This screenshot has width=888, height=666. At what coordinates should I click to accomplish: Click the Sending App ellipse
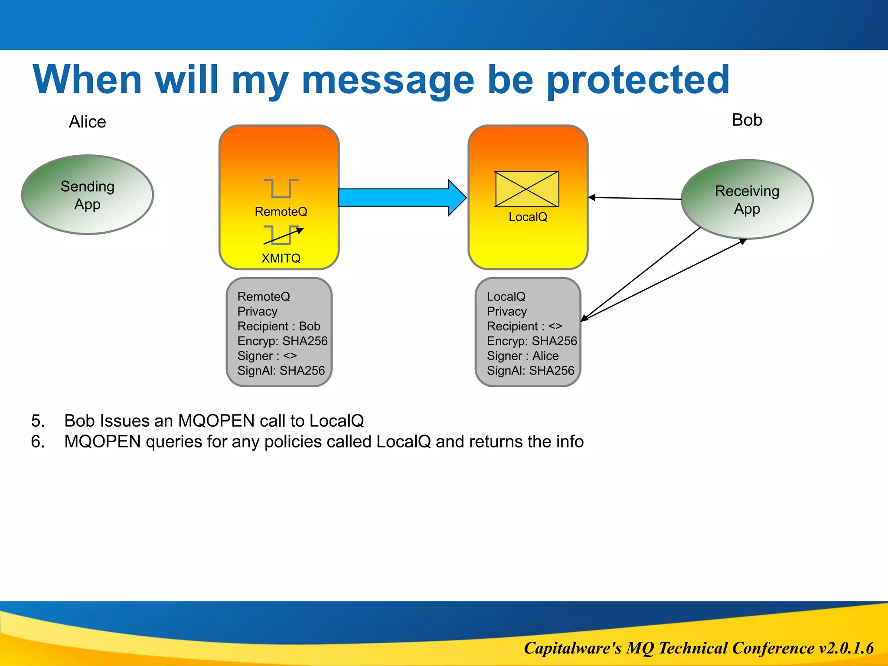click(x=88, y=195)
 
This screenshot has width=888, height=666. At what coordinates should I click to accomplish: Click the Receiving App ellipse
click(x=747, y=199)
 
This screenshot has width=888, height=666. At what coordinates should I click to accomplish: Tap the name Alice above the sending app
click(x=87, y=122)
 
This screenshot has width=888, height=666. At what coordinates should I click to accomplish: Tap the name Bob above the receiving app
click(x=747, y=120)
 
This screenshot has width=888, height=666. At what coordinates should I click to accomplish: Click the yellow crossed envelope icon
click(x=527, y=189)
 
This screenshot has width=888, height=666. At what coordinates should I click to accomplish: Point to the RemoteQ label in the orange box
click(x=281, y=212)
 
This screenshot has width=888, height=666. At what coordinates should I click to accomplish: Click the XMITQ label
click(x=281, y=258)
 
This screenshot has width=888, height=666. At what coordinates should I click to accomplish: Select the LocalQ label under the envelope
click(x=528, y=217)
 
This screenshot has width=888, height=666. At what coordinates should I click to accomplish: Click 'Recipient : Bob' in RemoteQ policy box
click(x=278, y=326)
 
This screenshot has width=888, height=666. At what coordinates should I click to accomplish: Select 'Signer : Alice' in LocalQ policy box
click(x=522, y=356)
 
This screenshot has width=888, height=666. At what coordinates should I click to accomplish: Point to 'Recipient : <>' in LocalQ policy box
click(x=524, y=326)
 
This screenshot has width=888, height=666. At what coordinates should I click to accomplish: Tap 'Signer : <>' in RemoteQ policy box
click(x=267, y=356)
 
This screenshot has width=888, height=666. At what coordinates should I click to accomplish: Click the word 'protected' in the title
click(x=638, y=80)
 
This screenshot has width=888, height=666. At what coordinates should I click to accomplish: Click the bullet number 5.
click(x=38, y=421)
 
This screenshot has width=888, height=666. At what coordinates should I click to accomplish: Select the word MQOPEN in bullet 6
click(x=102, y=442)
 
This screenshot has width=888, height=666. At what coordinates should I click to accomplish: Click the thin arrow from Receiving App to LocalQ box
click(x=635, y=198)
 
